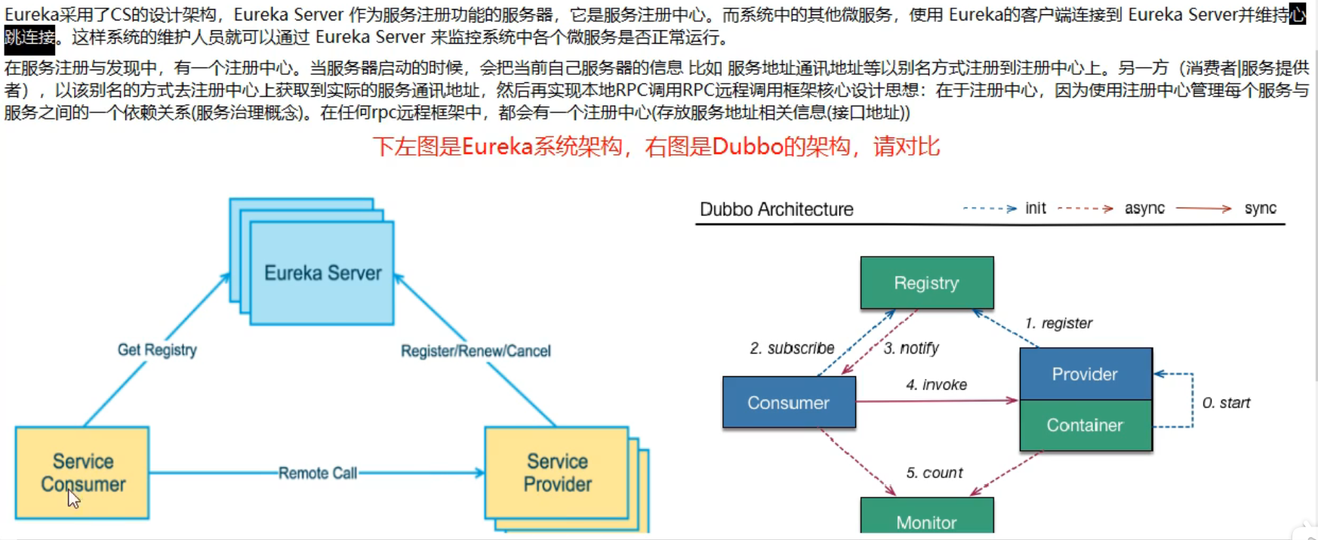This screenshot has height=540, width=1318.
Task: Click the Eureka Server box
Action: coord(322,273)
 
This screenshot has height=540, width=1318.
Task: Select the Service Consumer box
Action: coord(82,473)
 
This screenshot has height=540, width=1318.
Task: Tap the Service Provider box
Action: coord(557,473)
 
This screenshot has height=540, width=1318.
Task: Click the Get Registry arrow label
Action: coord(157,350)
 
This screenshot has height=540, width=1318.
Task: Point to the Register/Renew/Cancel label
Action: coord(476,351)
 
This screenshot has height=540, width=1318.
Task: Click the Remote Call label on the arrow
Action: coord(317,474)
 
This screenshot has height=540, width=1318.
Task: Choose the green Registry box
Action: coord(926,283)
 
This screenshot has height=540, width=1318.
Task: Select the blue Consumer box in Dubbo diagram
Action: coord(789,403)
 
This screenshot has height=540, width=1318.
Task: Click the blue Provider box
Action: coord(1085,374)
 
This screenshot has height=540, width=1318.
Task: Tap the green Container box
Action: coord(1085,425)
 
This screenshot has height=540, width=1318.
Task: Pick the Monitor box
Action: coord(926,521)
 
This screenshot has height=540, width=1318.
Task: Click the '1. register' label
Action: coord(1058,323)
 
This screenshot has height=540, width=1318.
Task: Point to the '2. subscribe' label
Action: coord(792,348)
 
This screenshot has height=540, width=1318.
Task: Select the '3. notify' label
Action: coord(911,348)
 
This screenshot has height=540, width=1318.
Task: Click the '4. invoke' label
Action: coord(936,385)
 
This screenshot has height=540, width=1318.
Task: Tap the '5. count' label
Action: coord(935,473)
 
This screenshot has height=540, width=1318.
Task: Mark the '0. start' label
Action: coord(1226,403)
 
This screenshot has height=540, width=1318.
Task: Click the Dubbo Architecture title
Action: coord(776,209)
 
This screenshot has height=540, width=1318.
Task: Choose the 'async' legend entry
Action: coord(1144,208)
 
